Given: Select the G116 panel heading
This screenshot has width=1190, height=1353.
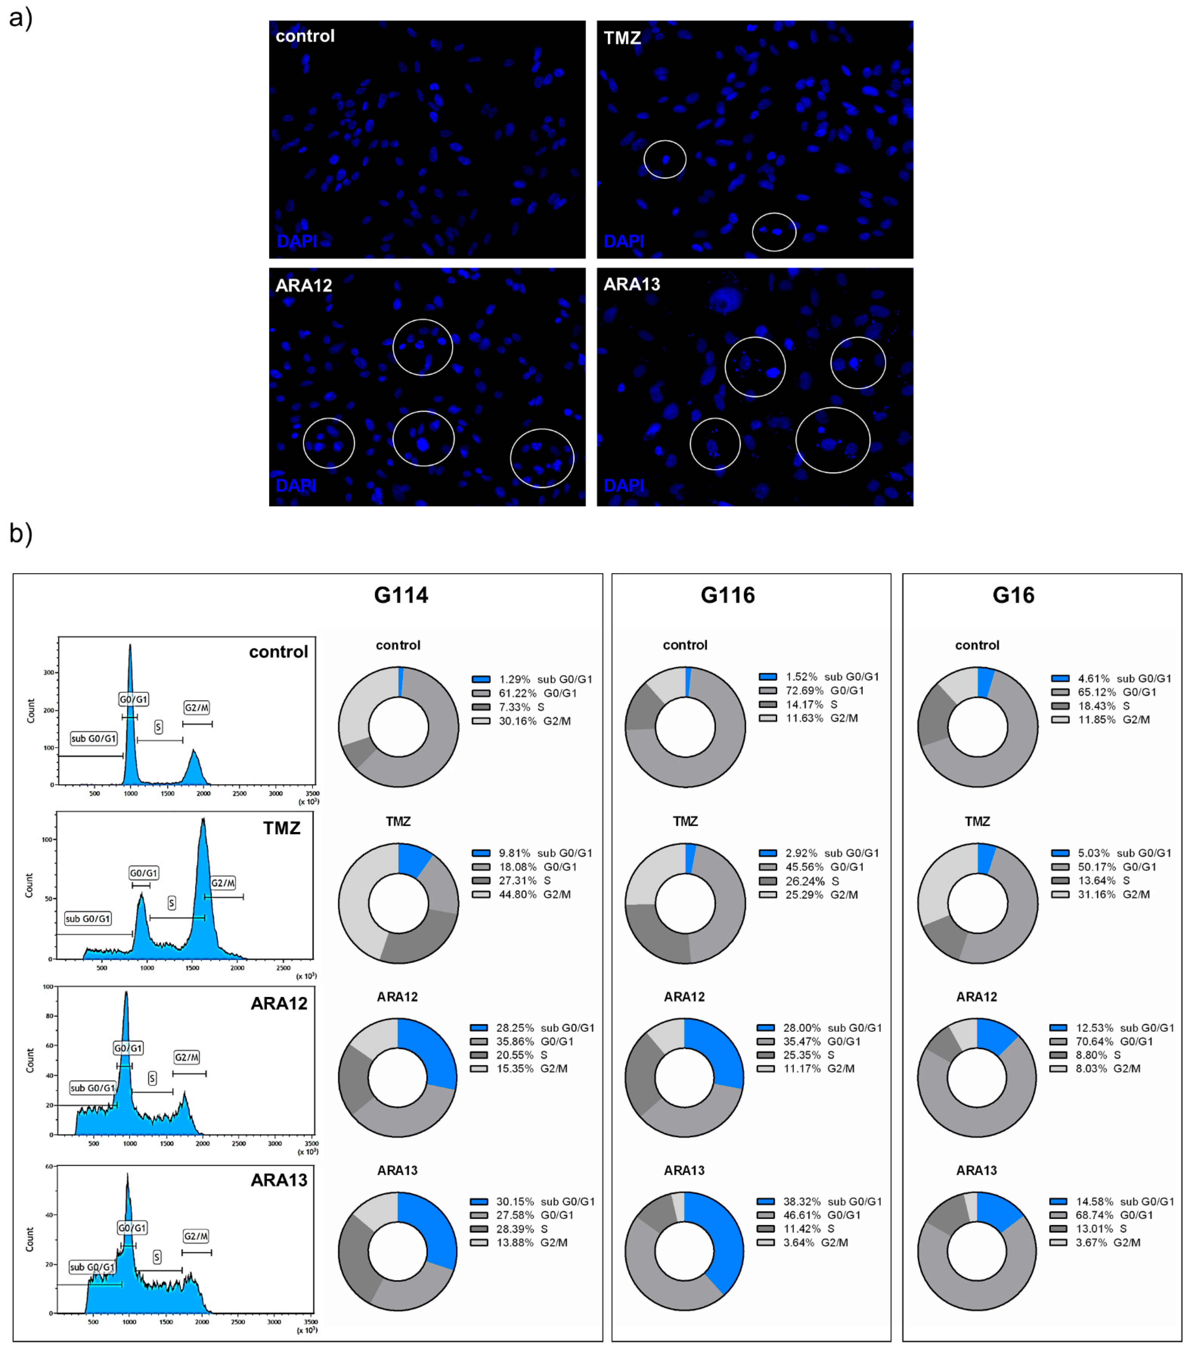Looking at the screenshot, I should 727,595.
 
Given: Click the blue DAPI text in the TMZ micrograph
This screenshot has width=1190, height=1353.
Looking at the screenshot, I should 623,241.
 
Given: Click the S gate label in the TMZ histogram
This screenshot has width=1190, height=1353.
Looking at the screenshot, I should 171,903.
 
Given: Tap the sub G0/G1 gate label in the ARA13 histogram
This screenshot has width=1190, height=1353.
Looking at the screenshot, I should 92,1267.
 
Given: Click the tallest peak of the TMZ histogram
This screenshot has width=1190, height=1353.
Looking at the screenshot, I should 203,821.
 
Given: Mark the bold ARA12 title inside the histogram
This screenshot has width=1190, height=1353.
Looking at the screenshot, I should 279,1003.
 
